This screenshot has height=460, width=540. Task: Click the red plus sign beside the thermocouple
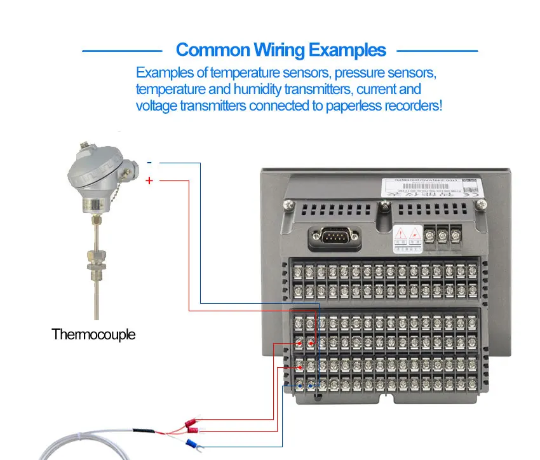(x=149, y=181)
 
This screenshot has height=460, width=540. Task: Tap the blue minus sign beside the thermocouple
(x=149, y=163)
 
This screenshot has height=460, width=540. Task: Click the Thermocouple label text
(x=93, y=334)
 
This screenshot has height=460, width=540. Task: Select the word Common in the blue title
(x=212, y=50)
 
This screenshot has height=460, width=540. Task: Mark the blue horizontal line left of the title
(x=123, y=50)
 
